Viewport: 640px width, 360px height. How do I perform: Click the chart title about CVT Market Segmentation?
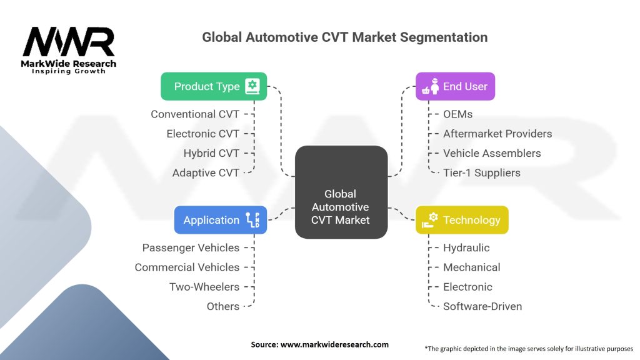click(x=344, y=37)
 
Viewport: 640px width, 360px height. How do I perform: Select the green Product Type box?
click(x=214, y=86)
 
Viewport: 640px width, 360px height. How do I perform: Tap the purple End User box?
click(x=455, y=86)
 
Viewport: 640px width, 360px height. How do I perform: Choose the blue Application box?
click(x=221, y=220)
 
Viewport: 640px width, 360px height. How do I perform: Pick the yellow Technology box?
click(x=462, y=220)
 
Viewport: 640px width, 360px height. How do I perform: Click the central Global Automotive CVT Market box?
click(x=341, y=192)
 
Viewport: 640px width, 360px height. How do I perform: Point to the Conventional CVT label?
click(x=195, y=114)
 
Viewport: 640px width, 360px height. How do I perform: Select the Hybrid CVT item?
click(x=211, y=153)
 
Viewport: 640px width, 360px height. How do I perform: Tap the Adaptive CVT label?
click(x=206, y=172)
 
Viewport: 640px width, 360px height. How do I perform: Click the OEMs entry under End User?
click(x=457, y=114)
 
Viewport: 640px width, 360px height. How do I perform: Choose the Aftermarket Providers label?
click(x=497, y=133)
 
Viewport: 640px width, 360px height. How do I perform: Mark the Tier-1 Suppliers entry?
click(x=481, y=172)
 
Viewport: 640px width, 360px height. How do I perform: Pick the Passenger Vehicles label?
click(x=191, y=247)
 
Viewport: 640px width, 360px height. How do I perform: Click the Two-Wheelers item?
click(x=204, y=287)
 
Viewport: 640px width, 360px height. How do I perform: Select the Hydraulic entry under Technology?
click(x=466, y=247)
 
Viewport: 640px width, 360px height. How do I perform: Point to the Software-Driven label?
click(x=482, y=306)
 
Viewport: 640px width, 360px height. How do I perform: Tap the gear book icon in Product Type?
click(x=252, y=86)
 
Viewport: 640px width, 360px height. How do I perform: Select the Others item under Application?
click(x=223, y=306)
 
